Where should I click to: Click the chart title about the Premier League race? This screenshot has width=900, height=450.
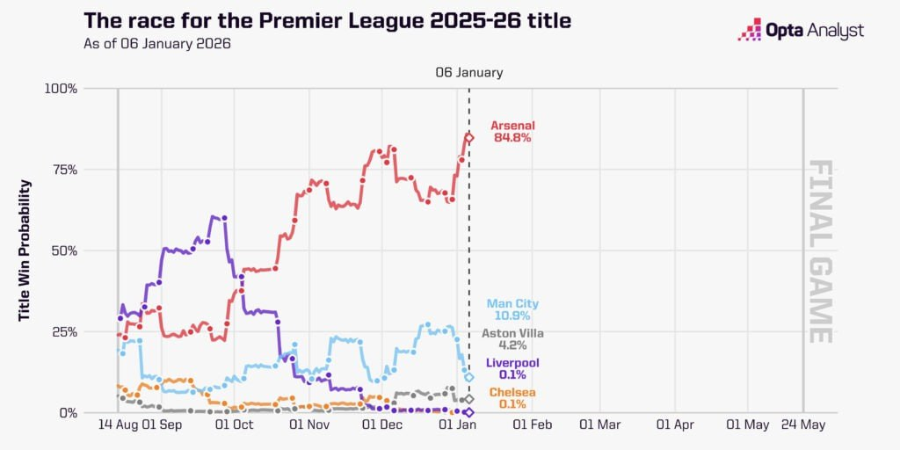point(326,20)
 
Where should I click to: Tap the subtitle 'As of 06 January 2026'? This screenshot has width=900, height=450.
point(157,43)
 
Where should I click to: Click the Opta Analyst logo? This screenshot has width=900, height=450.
point(801,31)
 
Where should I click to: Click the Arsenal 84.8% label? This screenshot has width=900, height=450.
point(512,132)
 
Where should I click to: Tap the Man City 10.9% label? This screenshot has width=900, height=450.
point(512,309)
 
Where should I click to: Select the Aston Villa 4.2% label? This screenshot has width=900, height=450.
point(512,339)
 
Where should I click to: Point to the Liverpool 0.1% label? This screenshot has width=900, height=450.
point(512,369)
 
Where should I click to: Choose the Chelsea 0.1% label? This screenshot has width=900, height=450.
point(512,398)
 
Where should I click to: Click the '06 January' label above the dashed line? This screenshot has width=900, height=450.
point(469,73)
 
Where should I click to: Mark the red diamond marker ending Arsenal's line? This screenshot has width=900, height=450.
point(469,138)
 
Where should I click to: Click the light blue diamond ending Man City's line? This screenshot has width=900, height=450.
point(469,377)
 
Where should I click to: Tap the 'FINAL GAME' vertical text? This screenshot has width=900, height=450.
point(819,250)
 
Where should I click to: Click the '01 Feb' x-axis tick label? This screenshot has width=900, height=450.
point(532,425)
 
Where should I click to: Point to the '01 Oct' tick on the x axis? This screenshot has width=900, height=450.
point(234,425)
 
